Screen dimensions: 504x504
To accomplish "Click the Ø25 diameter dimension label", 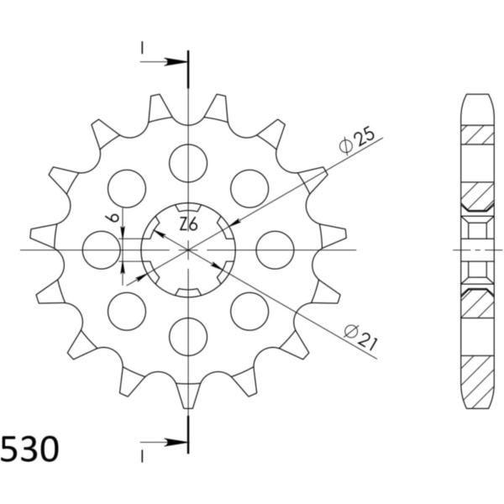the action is (357, 141).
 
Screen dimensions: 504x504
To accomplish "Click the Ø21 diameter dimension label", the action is (360, 338).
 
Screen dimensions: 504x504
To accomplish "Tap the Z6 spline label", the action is (188, 224).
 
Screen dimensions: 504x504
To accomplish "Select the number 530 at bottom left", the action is (30, 449).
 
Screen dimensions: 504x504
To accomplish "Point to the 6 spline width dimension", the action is (113, 218).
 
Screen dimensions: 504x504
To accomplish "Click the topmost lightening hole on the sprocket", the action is (188, 163).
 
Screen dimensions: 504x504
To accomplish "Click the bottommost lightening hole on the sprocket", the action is (188, 337).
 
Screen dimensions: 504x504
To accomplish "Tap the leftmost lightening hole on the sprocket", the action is (102, 249).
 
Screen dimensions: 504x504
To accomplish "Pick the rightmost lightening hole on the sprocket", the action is (276, 249).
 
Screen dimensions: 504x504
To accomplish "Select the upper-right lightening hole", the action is (249, 188).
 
